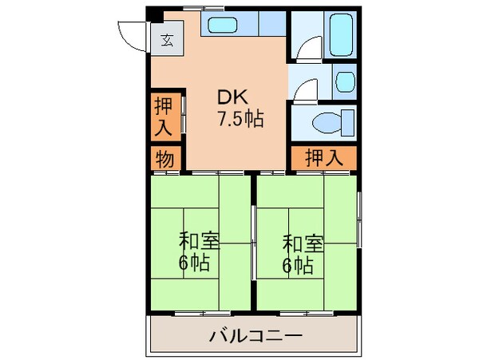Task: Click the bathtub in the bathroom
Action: coord(342,34)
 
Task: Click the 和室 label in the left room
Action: coord(200,239)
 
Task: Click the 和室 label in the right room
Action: coord(303,240)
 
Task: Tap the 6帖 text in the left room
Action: coord(196,264)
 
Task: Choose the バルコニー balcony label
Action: coord(255,336)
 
